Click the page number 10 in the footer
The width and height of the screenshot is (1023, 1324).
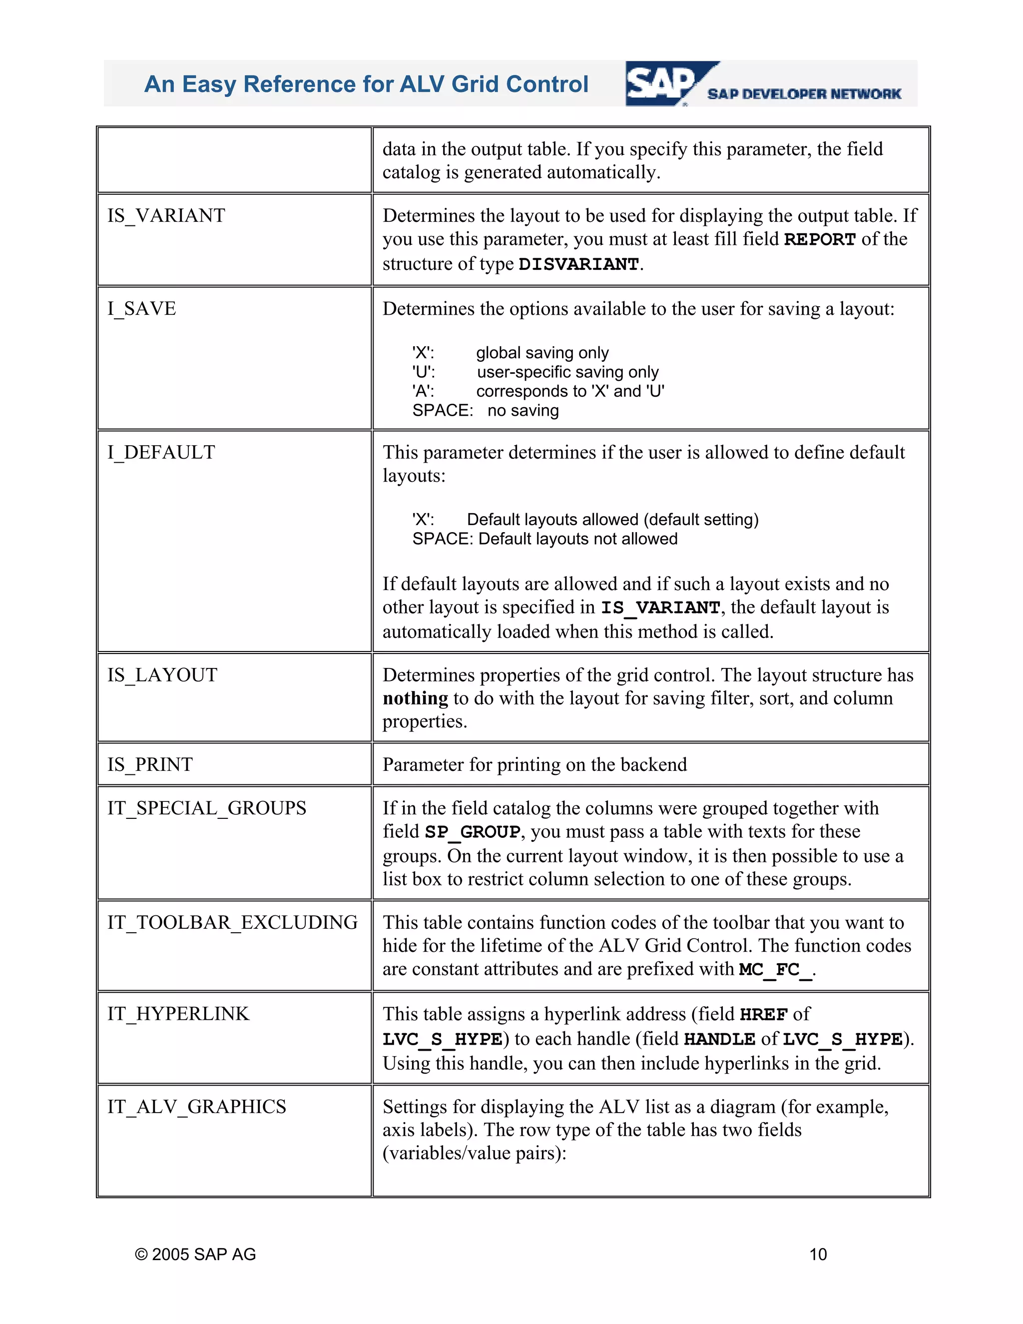[x=818, y=1254]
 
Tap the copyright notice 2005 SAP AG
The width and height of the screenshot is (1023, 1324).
[x=195, y=1254]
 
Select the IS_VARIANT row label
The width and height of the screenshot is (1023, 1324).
[x=166, y=216]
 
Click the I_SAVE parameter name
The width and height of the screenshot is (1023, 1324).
[x=142, y=309]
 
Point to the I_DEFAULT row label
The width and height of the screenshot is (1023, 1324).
[x=161, y=452]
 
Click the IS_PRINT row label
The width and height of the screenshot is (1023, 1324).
[x=150, y=764]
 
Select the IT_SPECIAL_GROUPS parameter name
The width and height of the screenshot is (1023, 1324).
[x=207, y=808]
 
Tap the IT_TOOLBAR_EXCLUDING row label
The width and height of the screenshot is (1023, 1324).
[x=233, y=923]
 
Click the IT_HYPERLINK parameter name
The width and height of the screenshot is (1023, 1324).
[x=178, y=1014]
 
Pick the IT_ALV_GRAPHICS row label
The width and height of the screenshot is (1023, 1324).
[x=197, y=1106]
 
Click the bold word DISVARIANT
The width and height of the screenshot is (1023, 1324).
[x=579, y=264]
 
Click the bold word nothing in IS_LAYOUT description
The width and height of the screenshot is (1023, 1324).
[x=415, y=698]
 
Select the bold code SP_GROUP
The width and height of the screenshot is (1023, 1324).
[x=472, y=832]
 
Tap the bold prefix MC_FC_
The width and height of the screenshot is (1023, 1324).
[x=776, y=970]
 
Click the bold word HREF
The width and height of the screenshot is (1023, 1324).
[x=764, y=1014]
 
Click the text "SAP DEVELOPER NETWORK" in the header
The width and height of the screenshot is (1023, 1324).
[x=804, y=94]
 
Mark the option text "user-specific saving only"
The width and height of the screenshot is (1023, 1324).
[x=567, y=372]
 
